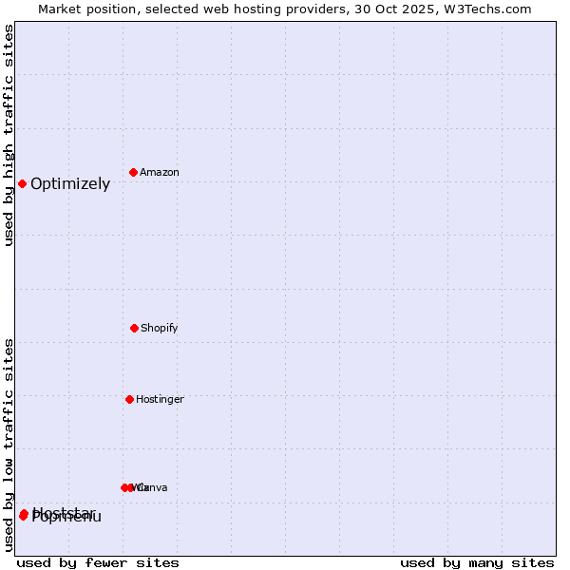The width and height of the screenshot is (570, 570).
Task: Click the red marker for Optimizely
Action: pos(22,183)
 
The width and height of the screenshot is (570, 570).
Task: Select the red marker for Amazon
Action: pos(134,172)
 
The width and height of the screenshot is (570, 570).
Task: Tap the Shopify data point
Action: pos(134,328)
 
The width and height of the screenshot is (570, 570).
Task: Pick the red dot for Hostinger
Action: pos(129,399)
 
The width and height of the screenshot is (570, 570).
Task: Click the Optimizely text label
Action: pos(70,184)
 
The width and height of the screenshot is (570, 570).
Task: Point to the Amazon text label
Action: pos(160,173)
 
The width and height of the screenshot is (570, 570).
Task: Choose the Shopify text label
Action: pos(160,329)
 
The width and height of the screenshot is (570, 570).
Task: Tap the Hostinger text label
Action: pos(160,400)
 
